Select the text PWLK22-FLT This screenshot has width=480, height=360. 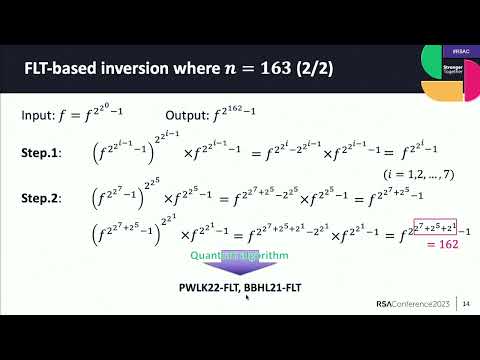[197, 289]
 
